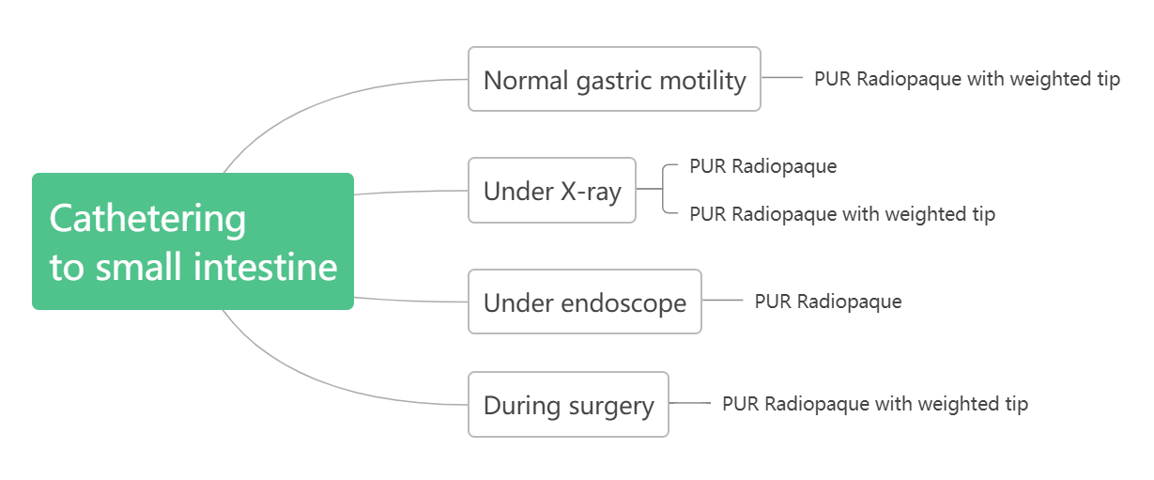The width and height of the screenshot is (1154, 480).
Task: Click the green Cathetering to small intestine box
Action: tap(192, 241)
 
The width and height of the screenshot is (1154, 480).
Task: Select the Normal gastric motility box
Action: tap(614, 79)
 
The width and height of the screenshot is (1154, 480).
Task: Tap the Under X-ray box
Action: tap(552, 191)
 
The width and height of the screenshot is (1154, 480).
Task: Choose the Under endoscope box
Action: tap(585, 302)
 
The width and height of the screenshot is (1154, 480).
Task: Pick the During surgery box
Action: tap(568, 404)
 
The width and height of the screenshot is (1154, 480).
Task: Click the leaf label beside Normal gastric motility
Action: tap(967, 79)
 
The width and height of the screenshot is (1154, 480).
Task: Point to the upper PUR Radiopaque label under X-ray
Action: tap(763, 166)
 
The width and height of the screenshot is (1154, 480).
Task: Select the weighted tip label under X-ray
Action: tap(842, 214)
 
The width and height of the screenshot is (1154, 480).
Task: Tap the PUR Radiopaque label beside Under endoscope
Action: tap(828, 302)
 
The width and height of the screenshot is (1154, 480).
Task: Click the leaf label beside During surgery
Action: tap(875, 404)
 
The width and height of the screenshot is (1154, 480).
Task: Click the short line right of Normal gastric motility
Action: tap(782, 77)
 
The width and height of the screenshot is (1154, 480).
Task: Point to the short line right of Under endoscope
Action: tap(722, 300)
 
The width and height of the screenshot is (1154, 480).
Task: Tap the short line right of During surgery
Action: tap(690, 403)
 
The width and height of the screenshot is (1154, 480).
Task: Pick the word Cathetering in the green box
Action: tap(147, 218)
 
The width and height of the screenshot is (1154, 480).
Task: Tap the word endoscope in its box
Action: tap(623, 303)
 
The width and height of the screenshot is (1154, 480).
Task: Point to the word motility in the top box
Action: tap(702, 81)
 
